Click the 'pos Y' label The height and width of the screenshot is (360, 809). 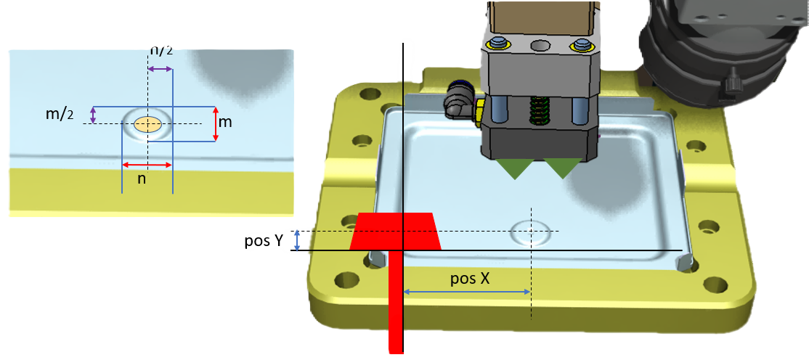264,241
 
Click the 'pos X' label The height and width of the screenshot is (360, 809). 468,279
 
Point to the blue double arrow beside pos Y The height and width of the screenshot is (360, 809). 296,240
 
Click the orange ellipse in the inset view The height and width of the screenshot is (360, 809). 147,124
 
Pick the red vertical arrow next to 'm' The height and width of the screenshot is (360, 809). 216,123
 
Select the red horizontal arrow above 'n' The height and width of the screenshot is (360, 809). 147,164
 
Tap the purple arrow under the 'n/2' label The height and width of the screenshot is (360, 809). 160,69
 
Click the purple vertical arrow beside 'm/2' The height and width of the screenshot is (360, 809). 92,115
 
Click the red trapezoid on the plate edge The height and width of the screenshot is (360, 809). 396,232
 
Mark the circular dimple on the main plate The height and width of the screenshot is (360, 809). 530,232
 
